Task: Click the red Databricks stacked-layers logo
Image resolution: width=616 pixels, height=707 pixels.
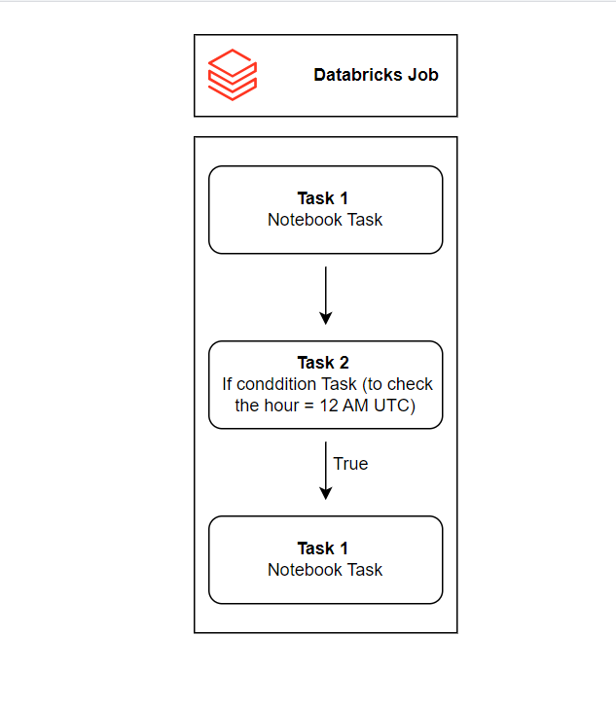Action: pyautogui.click(x=232, y=75)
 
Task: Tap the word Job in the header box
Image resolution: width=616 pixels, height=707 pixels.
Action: pyautogui.click(x=422, y=75)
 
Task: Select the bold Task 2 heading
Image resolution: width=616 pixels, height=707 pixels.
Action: pyautogui.click(x=325, y=364)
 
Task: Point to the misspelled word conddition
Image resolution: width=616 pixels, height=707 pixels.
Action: pyautogui.click(x=281, y=384)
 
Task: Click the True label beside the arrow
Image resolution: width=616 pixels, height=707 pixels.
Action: pyautogui.click(x=350, y=464)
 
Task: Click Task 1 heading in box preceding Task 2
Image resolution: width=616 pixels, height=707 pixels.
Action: pyautogui.click(x=325, y=199)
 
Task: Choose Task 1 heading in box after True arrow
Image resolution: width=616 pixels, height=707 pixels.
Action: pyautogui.click(x=325, y=548)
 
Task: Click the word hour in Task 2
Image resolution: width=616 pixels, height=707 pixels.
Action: pyautogui.click(x=282, y=405)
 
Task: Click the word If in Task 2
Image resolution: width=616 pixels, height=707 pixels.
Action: pyautogui.click(x=227, y=384)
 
